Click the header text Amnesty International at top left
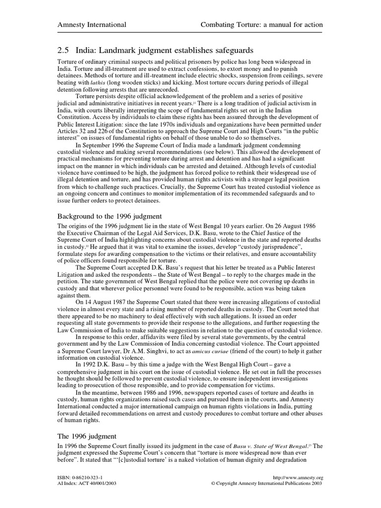tap(92, 25)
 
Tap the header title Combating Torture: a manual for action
tap(261, 25)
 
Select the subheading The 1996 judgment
tap(87, 436)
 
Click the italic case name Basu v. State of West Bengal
tap(264, 446)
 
